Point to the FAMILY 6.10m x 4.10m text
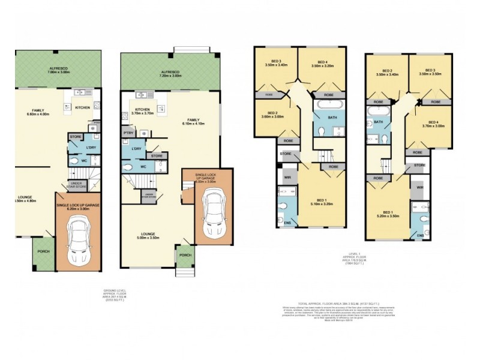[193, 122]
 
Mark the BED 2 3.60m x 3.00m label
[272, 115]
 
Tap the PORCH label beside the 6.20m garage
[43, 252]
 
